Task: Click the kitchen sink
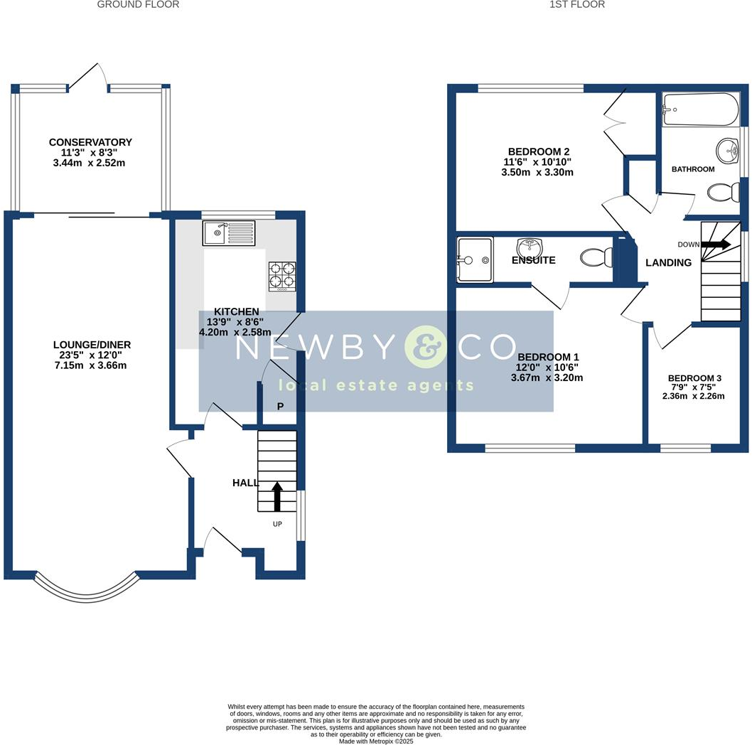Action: click(228, 232)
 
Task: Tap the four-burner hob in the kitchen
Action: click(282, 277)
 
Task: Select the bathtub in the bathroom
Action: click(700, 109)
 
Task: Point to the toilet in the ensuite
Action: click(595, 257)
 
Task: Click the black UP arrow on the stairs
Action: click(276, 496)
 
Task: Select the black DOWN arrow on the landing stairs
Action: click(716, 245)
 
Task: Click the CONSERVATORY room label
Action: click(91, 142)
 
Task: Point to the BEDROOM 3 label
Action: click(694, 378)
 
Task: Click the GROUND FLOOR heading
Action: click(138, 5)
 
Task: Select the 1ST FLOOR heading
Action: click(577, 5)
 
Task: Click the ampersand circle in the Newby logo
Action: click(425, 347)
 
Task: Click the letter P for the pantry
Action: click(280, 407)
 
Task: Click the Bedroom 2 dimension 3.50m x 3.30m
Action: click(537, 172)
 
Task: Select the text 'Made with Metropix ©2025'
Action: click(376, 741)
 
